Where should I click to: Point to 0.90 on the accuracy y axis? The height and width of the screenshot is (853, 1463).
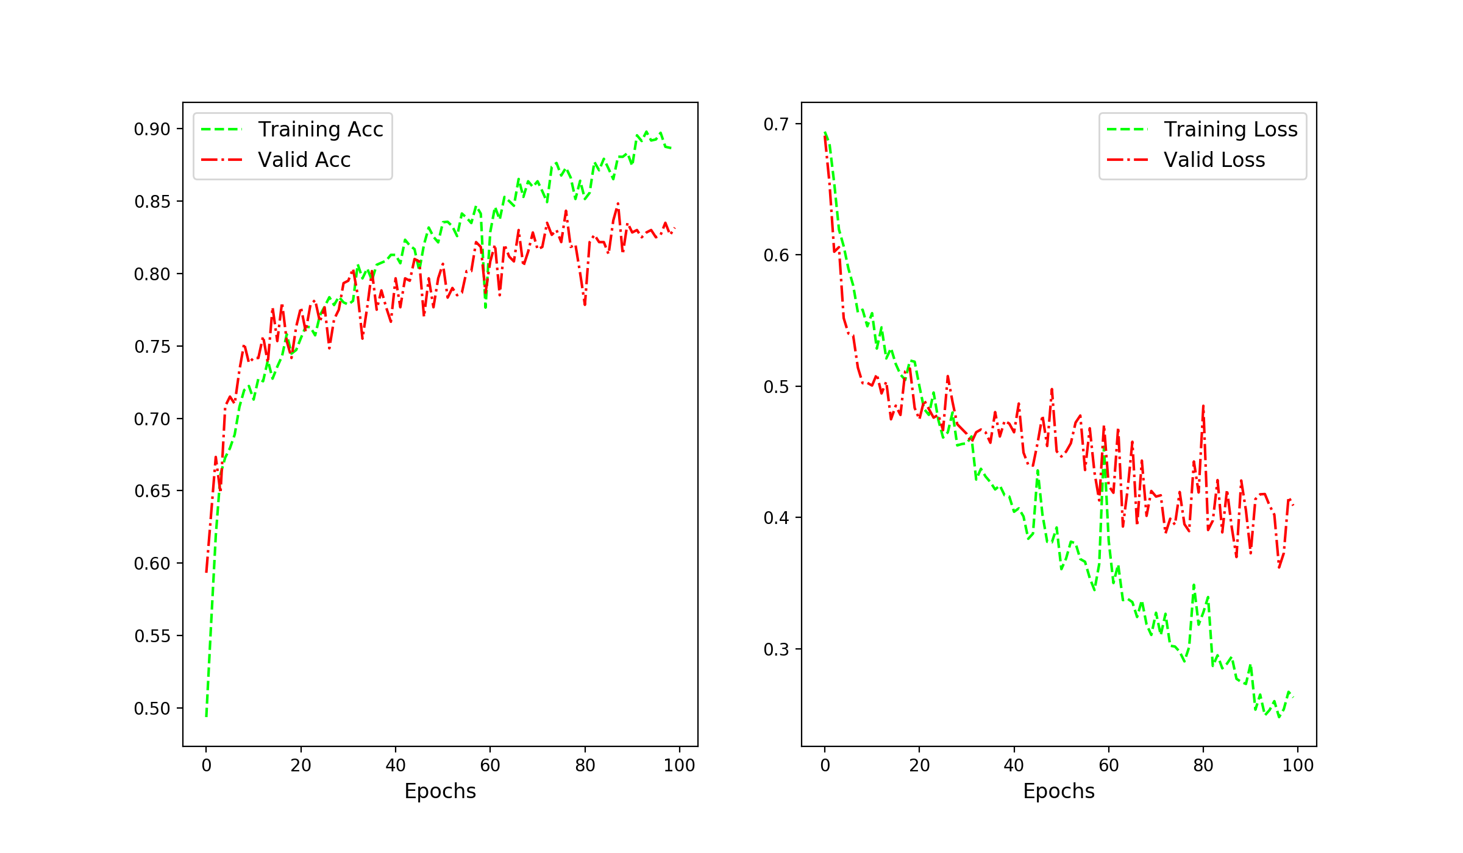coord(152,129)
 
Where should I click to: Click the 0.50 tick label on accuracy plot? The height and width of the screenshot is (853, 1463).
coord(152,709)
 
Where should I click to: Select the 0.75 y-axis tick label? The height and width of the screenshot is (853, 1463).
coord(152,347)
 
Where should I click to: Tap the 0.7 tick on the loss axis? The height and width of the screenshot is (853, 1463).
coord(776,124)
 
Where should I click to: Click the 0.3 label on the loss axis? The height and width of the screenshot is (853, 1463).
coord(776,649)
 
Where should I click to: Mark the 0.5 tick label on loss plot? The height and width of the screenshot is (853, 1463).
coord(776,387)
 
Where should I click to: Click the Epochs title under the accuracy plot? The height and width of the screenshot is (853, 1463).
coord(440,791)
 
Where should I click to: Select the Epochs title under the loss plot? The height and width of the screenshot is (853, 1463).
coord(1059,791)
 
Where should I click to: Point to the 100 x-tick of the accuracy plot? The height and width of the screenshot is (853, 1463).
coord(679,765)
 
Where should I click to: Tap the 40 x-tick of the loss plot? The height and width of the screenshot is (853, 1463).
coord(1014,765)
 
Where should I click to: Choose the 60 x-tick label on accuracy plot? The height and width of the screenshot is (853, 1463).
coord(490,765)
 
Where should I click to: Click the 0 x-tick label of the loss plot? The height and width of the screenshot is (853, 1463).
coord(825,765)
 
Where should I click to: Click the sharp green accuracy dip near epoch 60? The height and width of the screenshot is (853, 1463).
coord(486,307)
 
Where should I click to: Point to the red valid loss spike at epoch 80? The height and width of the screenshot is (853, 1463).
coord(1203,406)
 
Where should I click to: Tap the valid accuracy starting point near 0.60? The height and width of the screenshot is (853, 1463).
coord(207,571)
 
